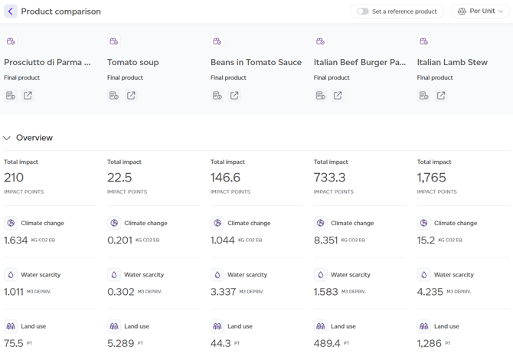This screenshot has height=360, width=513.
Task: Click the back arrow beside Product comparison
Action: point(11,11)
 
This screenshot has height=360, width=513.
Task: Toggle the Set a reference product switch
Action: point(363,11)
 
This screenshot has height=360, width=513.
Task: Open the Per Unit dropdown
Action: point(481,11)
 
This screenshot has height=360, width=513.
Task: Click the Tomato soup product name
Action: point(133,62)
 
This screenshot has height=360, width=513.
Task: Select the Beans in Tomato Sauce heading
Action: point(256,62)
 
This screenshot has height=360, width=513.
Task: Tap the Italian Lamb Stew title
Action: point(452,62)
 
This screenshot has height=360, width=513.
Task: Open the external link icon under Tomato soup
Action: point(131,96)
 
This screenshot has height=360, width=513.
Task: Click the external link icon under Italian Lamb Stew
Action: point(441,96)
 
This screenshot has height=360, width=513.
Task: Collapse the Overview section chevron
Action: point(7,138)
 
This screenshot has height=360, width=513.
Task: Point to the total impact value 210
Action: point(14,178)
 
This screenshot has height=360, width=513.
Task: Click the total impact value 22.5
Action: point(120,178)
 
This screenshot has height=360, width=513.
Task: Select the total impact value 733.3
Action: point(330,178)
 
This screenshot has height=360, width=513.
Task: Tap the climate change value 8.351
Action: point(325,240)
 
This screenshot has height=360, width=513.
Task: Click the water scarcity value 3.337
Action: point(223,292)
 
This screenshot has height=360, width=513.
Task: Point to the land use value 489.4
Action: point(327,343)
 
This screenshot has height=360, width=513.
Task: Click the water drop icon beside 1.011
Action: point(11,274)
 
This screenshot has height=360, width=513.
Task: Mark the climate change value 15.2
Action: point(426,240)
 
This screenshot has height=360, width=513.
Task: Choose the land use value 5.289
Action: point(120,343)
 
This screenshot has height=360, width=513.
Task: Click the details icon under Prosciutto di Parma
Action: point(11,96)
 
